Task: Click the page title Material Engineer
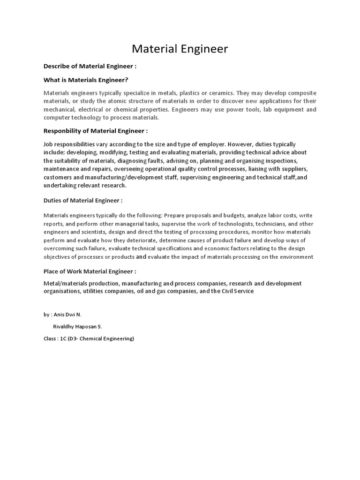tap(180, 49)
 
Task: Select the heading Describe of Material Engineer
tap(90, 67)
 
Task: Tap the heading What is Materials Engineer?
tap(86, 80)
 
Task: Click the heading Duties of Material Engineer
tap(83, 201)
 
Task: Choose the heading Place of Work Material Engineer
tap(90, 271)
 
